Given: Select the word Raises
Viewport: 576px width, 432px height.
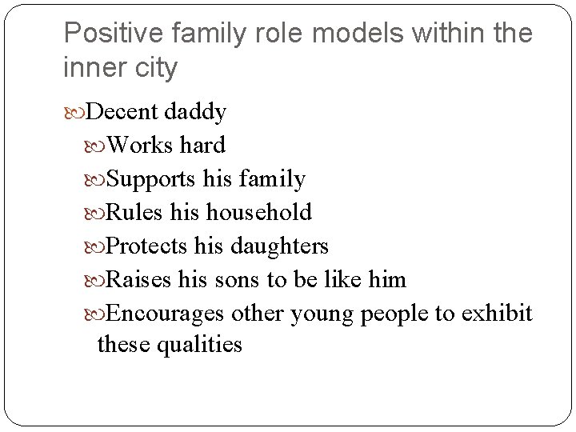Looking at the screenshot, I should (x=138, y=279).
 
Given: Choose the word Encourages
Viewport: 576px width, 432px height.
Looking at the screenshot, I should (x=166, y=313).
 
